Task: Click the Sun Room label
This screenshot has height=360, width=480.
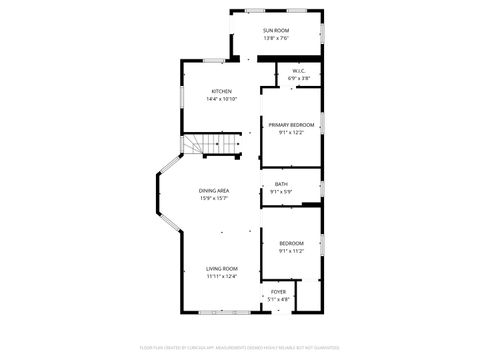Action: [276, 31]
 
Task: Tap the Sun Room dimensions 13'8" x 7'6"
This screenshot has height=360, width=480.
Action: [276, 38]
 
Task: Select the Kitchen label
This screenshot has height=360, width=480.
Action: [221, 91]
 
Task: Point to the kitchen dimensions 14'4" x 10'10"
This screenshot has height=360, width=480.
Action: [221, 99]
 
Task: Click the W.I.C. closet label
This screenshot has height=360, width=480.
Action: [299, 71]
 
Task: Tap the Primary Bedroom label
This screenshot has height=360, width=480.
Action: [291, 124]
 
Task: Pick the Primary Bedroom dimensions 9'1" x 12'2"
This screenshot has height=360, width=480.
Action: [291, 132]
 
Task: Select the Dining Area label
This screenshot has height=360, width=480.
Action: [214, 190]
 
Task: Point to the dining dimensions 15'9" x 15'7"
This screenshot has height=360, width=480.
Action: [214, 197]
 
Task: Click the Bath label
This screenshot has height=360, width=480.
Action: [281, 184]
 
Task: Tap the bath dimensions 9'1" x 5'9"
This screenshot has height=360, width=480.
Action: [281, 192]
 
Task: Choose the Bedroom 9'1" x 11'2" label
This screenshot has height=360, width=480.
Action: [291, 244]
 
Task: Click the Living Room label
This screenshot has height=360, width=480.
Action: [222, 269]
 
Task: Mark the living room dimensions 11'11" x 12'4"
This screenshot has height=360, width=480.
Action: [222, 277]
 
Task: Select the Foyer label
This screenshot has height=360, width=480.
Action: [278, 292]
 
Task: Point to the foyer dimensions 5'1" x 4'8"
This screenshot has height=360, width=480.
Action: [278, 299]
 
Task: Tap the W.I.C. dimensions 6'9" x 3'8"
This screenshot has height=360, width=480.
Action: [299, 78]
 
